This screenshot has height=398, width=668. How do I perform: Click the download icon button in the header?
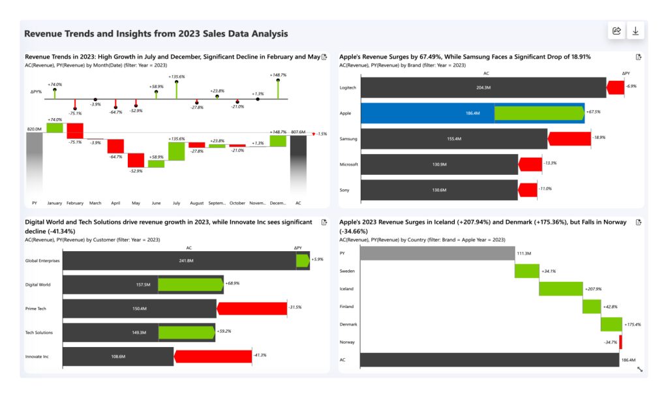[635, 31]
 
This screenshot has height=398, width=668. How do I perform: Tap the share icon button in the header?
[616, 31]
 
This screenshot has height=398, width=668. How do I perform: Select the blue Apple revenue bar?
[427, 113]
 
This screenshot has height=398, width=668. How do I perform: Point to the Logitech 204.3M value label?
[483, 87]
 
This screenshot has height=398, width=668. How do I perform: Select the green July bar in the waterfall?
[176, 151]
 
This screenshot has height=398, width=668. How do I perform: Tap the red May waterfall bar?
[136, 160]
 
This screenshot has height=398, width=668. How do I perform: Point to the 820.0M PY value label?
[34, 129]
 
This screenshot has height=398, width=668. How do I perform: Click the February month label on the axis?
[75, 203]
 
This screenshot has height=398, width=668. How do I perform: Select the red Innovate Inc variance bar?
[213, 356]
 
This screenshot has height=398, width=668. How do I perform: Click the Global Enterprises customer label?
[42, 260]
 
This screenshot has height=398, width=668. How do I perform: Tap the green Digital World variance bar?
[189, 284]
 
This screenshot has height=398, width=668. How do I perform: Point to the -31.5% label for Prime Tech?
[295, 307]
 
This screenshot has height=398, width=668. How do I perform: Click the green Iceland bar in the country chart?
[560, 288]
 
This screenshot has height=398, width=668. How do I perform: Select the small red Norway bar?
[620, 342]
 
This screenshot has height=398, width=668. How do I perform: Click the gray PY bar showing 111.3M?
[437, 253]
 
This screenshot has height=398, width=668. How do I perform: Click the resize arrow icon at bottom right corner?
[639, 369]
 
